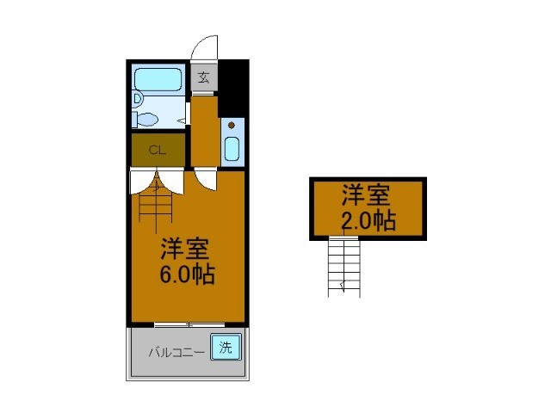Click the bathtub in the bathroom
[x=157, y=80]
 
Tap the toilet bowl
[x=147, y=118]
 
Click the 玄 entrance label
[x=203, y=78]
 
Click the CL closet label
[x=157, y=150]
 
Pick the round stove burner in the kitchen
[x=231, y=126]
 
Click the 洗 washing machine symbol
[x=225, y=348]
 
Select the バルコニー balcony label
[x=175, y=351]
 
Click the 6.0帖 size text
[x=185, y=274]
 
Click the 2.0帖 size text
[x=368, y=221]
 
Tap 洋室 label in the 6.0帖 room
[x=185, y=250]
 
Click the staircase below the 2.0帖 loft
[x=343, y=267]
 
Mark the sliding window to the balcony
[x=189, y=324]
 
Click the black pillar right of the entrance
[x=233, y=87]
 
